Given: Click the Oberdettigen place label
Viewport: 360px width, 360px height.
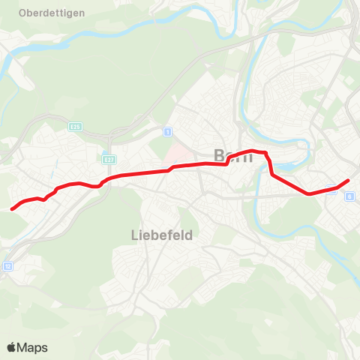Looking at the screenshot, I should click(x=52, y=13).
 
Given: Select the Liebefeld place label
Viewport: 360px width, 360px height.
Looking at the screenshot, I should click(x=157, y=235).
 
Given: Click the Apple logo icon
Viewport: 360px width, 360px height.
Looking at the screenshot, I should click(x=12, y=347).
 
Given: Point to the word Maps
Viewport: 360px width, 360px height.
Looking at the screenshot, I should click(x=33, y=347).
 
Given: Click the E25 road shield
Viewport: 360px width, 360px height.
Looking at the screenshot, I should click(x=75, y=127).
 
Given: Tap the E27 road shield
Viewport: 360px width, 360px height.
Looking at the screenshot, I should click(x=109, y=159).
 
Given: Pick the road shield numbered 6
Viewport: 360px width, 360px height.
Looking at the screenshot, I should click(x=349, y=196).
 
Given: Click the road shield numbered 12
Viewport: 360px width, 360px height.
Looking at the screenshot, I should click(x=8, y=265).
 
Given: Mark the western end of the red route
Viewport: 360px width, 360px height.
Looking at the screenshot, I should click(x=10, y=209).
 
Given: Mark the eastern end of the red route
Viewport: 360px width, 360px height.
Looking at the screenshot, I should click(x=349, y=180).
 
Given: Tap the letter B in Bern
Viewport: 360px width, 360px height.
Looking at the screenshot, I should click(x=219, y=156).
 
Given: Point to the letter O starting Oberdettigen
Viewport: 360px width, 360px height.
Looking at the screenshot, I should click(x=24, y=13).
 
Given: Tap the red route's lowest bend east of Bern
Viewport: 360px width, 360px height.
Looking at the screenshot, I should click(x=309, y=193).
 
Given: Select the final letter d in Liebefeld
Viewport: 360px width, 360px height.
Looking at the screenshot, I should click(x=189, y=235).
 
